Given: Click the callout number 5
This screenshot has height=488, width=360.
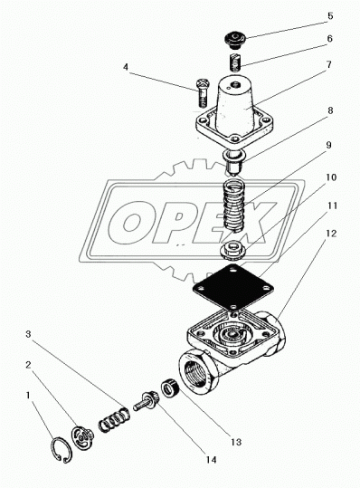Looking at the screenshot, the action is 330,16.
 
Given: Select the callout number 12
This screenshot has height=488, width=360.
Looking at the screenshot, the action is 332,234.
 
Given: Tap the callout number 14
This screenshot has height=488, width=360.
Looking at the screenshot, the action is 211,459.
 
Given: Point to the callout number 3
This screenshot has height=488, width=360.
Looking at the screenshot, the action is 28,334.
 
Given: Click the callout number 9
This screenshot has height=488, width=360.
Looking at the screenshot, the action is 329,145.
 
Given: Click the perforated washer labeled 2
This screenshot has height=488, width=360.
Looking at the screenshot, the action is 81,438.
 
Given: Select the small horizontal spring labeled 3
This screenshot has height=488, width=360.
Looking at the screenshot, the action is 113,418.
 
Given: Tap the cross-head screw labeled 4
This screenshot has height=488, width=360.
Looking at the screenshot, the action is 203,91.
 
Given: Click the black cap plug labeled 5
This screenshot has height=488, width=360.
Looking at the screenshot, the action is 235,41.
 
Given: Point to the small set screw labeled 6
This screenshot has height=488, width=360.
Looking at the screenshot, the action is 236,62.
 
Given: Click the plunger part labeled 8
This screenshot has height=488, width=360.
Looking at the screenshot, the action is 233,162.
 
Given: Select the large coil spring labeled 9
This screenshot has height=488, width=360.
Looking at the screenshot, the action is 232,206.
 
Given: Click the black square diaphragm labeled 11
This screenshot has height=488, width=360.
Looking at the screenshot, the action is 233,287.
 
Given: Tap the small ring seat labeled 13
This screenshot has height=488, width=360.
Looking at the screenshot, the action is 169,388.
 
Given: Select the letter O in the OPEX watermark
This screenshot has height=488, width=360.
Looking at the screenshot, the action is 130,222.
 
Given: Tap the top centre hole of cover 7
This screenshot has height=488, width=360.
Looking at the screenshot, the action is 236,84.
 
